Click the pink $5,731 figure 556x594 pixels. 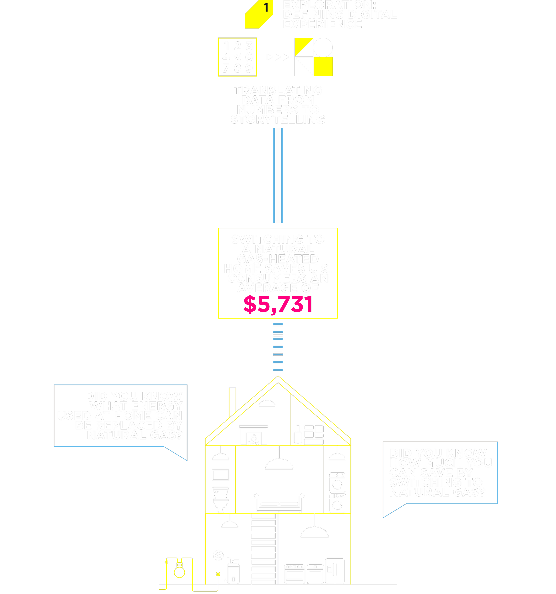coord(278,304)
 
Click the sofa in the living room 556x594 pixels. coord(279,502)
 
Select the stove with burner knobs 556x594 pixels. coord(295,574)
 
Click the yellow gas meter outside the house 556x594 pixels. coord(179,571)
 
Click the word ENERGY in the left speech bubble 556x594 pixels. coord(157,406)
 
